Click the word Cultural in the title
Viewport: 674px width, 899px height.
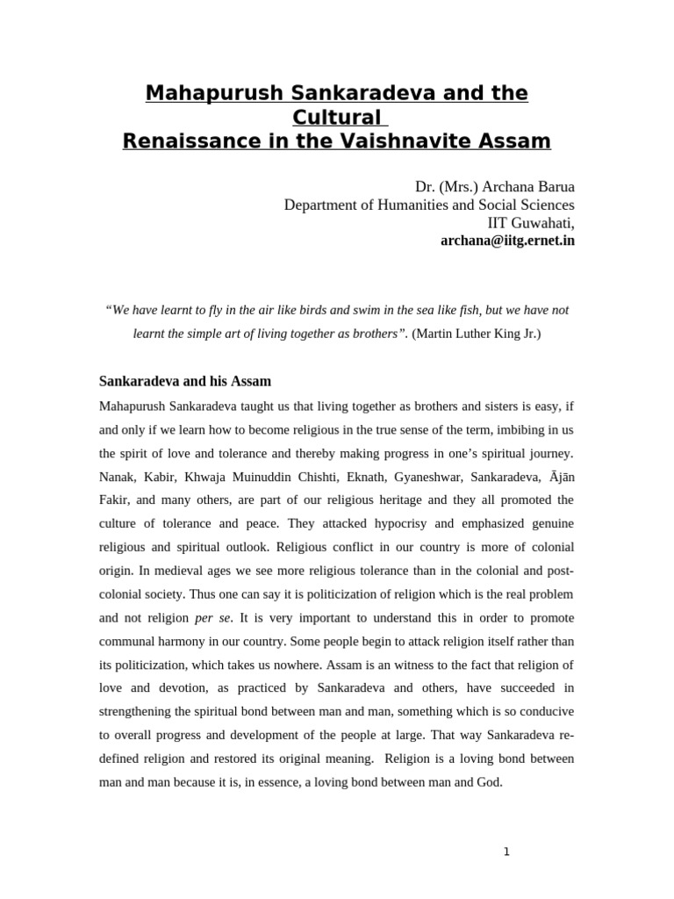click(336, 117)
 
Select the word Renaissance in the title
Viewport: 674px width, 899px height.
click(184, 140)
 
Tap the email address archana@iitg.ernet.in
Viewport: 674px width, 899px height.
click(507, 239)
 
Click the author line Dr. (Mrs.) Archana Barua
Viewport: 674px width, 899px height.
click(495, 188)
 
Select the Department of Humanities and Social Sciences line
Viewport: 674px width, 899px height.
click(429, 205)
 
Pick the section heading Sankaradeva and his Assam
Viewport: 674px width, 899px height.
click(184, 382)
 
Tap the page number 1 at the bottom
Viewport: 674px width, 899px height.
click(506, 851)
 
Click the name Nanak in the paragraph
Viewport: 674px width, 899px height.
click(118, 477)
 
